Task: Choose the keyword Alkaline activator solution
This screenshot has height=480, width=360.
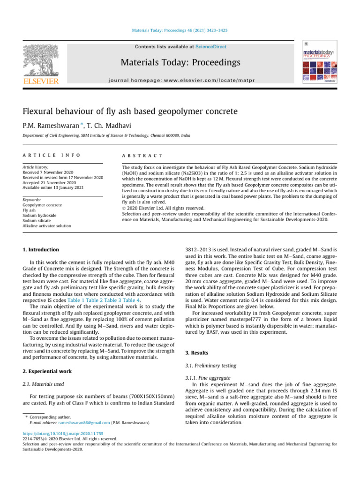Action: pyautogui.click(x=48, y=225)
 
